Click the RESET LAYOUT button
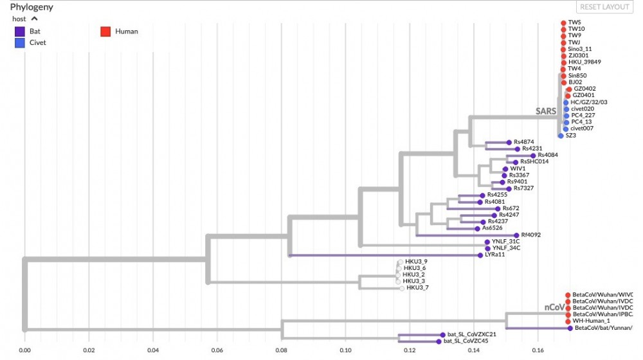[x=604, y=7]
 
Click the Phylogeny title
[x=32, y=7]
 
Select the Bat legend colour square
[x=20, y=31]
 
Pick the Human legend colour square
[x=106, y=31]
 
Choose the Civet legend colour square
[x=20, y=42]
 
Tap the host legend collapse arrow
[x=34, y=19]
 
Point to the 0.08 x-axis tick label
[x=281, y=350]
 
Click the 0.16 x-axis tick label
[x=538, y=350]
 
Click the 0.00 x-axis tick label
[x=24, y=350]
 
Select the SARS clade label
[x=546, y=111]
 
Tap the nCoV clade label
[x=554, y=308]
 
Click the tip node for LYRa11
[x=480, y=255]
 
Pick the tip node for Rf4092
[x=516, y=235]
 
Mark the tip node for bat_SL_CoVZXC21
[x=442, y=335]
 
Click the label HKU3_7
[x=417, y=287]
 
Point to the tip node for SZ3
[x=561, y=136]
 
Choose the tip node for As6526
[x=476, y=228]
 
